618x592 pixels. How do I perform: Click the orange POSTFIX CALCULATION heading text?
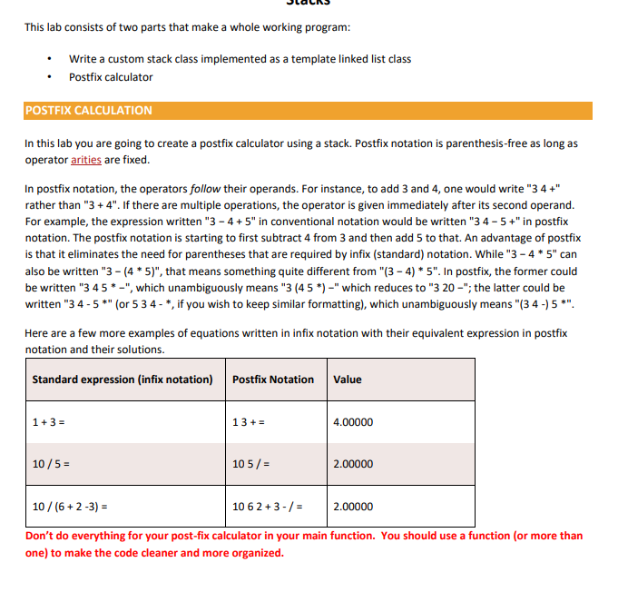click(x=88, y=111)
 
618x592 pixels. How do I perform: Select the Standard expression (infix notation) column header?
click(x=123, y=380)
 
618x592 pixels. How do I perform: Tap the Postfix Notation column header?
click(x=273, y=380)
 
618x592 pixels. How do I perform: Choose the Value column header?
click(x=348, y=380)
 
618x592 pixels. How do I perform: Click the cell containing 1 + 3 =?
click(x=48, y=422)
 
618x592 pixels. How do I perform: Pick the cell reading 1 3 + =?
click(x=250, y=422)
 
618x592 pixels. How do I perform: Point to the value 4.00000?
click(x=353, y=422)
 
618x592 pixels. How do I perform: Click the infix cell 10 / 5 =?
click(x=52, y=464)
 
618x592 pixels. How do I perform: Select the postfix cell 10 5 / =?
click(x=252, y=464)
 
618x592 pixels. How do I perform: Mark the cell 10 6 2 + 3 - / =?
click(x=268, y=507)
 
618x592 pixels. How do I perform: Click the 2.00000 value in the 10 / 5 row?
click(x=353, y=464)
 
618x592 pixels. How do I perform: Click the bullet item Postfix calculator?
click(x=111, y=77)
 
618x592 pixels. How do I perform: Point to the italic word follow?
click(x=202, y=189)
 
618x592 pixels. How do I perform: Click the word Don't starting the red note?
click(x=40, y=536)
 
